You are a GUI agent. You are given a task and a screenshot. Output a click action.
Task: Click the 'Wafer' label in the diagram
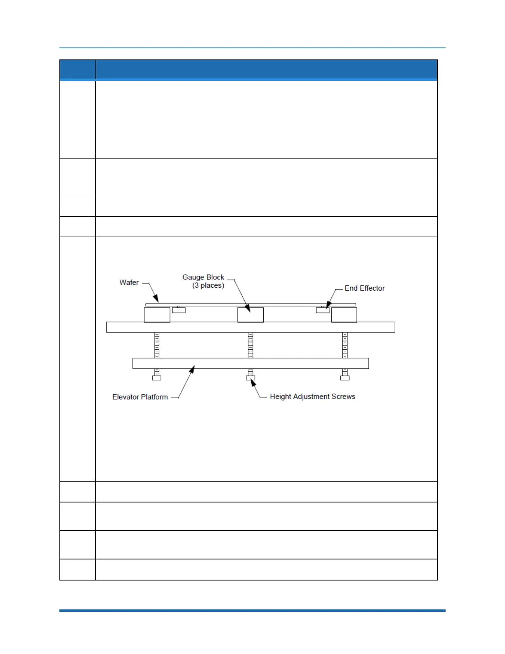(129, 282)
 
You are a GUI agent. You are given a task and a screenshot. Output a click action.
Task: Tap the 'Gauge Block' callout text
(203, 277)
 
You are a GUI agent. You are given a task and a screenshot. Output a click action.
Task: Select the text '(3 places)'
(208, 285)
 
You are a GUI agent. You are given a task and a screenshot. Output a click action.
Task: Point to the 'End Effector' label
(364, 288)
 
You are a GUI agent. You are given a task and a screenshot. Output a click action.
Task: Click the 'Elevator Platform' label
(140, 397)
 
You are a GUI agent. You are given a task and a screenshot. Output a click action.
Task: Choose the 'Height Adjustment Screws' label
(312, 396)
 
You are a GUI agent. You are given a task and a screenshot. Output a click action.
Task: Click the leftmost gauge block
(157, 315)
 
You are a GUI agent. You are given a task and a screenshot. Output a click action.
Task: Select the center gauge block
(250, 315)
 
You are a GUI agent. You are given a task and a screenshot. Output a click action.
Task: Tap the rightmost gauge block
(344, 315)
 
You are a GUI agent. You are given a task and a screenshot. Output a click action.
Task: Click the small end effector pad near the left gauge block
(179, 310)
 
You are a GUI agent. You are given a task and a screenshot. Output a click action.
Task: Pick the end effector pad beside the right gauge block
(323, 310)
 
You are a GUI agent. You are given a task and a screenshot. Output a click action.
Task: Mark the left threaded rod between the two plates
(157, 345)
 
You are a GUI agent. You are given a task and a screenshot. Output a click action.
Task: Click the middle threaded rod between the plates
(250, 345)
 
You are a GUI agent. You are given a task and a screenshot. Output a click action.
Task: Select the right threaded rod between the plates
(345, 345)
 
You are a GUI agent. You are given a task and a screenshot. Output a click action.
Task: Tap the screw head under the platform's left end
(157, 378)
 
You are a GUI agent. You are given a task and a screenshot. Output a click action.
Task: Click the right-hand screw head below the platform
(345, 378)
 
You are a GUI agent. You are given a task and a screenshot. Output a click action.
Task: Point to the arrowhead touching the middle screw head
(253, 382)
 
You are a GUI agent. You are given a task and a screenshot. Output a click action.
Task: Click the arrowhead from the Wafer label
(156, 299)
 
